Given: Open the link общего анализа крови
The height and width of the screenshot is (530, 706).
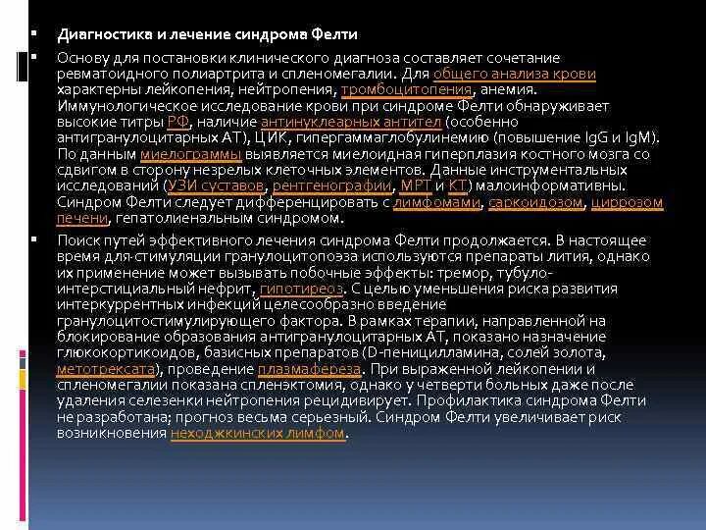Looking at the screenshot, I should click(514, 75).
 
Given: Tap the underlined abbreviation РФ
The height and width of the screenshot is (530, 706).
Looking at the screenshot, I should click(177, 122).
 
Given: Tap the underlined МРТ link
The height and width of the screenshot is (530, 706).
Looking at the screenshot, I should click(416, 185).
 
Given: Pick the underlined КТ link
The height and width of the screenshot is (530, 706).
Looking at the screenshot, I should click(458, 185).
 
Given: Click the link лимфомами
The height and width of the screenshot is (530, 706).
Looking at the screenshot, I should click(436, 202).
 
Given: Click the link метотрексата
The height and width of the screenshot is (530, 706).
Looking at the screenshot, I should click(107, 369).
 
